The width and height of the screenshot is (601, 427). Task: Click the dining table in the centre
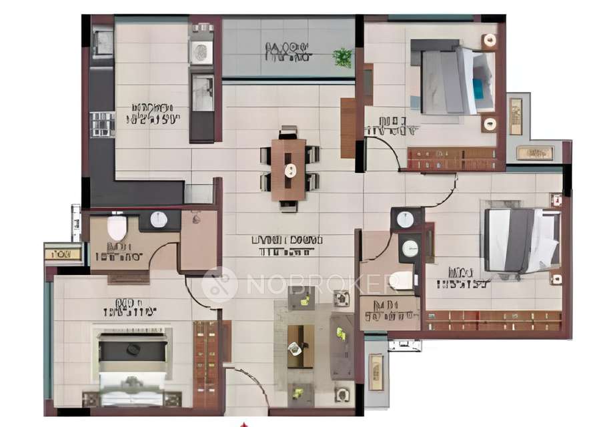point(288,169)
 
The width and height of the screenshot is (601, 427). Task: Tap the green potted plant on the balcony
point(343,57)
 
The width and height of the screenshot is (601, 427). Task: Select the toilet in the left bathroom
point(117,226)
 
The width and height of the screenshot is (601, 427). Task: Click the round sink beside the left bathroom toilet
point(159,220)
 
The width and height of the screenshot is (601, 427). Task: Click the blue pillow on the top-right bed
point(478,87)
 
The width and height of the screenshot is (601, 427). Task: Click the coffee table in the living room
point(300,346)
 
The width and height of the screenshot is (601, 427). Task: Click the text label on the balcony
point(287,51)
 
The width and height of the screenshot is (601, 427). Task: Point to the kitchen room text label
point(153,113)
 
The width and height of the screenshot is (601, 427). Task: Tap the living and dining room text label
point(287,245)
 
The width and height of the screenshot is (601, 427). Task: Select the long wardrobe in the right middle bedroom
point(494,320)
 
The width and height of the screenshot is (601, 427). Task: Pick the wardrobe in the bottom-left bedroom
point(205,364)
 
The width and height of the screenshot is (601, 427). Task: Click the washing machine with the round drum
point(201,51)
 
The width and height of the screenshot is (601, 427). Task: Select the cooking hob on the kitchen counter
point(102,124)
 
